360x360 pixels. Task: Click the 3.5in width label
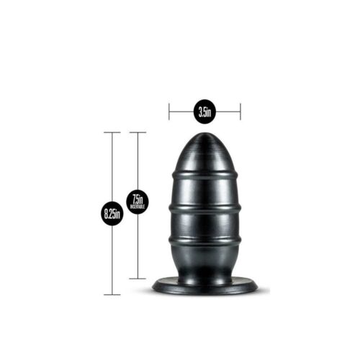[x=204, y=112]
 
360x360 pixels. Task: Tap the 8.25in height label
[x=112, y=213]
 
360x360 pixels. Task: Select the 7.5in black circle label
[x=138, y=201]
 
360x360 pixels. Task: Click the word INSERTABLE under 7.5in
[x=138, y=207]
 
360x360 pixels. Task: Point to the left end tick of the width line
[x=169, y=112]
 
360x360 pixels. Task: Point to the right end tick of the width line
[x=240, y=112]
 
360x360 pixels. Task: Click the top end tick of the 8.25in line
[x=112, y=132]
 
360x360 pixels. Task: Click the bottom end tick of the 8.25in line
[x=112, y=294]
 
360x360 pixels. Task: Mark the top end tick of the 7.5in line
[x=138, y=132]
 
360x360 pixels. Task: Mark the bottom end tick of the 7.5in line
[x=138, y=279]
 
